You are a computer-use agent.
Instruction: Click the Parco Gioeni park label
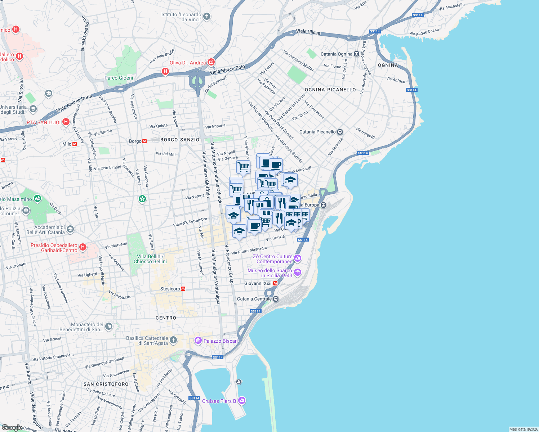point(119,78)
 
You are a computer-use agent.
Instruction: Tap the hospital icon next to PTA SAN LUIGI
point(66,122)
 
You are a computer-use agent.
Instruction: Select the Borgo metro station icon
point(144,141)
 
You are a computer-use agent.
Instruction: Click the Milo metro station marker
point(75,144)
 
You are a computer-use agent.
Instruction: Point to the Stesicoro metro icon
point(183,289)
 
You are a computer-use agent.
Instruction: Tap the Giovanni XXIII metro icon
point(275,283)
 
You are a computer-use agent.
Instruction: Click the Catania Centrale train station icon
point(276,299)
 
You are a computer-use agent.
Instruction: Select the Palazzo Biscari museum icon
point(198,341)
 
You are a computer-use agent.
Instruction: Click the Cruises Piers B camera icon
point(242,400)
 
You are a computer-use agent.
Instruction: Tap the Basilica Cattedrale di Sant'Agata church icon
point(173,340)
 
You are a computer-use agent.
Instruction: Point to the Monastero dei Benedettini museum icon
point(109,327)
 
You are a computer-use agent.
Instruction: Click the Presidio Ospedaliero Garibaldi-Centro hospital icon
point(83,247)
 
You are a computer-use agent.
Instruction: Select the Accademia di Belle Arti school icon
point(70,229)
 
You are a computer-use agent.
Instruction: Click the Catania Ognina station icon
point(356,54)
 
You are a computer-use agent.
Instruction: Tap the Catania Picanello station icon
point(340,132)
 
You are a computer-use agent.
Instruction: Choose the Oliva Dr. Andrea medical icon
point(211,62)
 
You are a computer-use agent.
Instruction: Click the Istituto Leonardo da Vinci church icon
point(206,16)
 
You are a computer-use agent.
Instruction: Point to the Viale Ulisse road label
point(308,32)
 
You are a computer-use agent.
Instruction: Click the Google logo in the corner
point(12,427)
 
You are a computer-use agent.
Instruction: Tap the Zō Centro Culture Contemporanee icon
point(298,258)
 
